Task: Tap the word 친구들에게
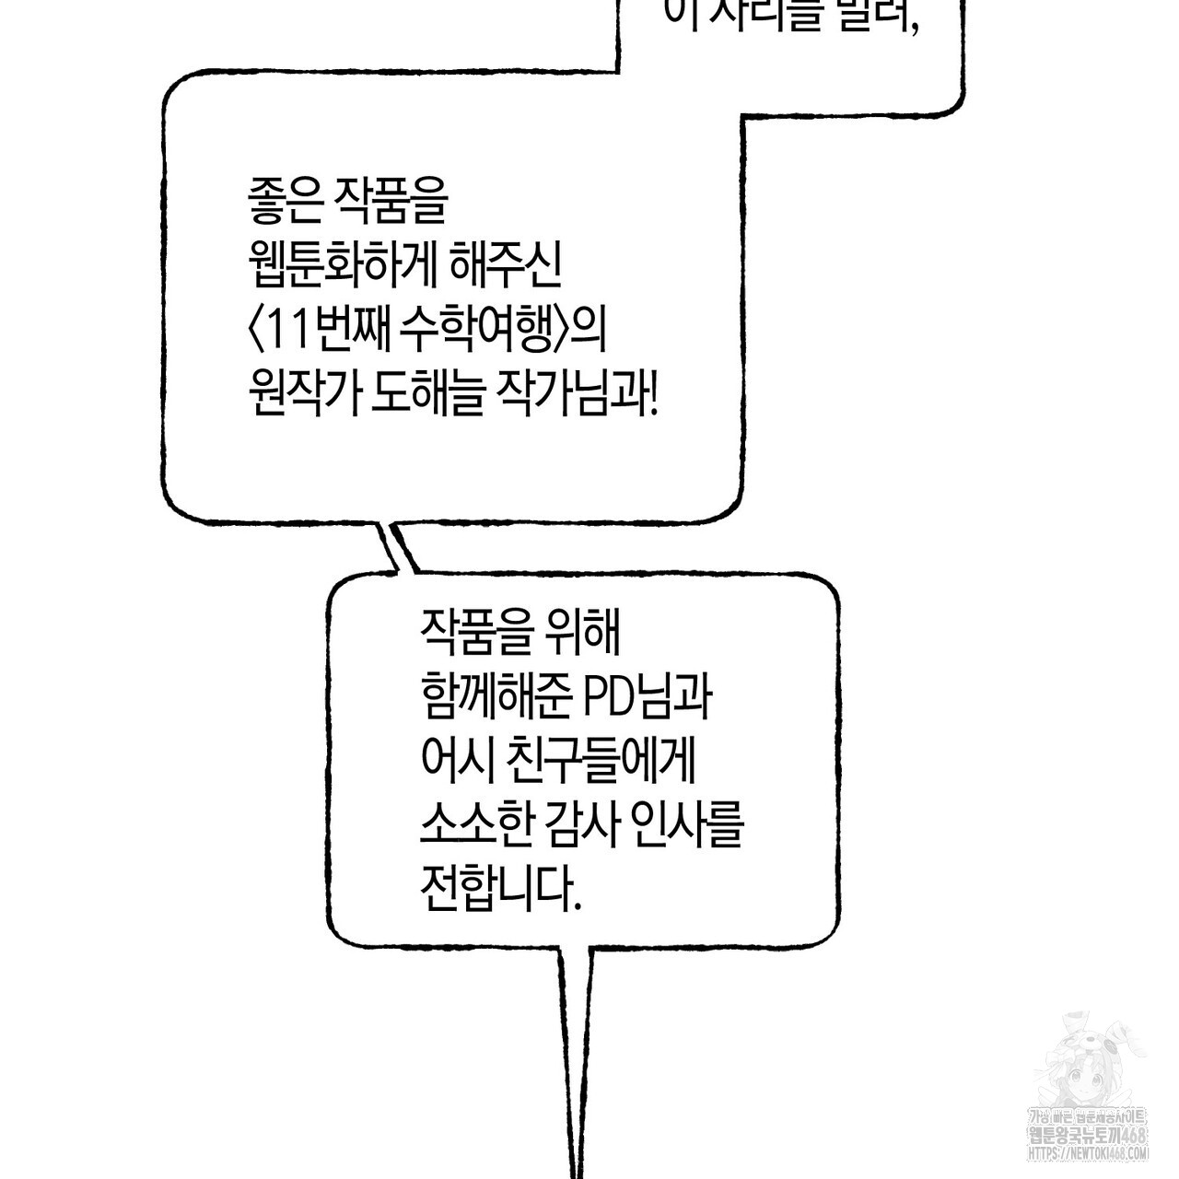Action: pyautogui.click(x=609, y=760)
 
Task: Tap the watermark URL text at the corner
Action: pyautogui.click(x=1088, y=1153)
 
